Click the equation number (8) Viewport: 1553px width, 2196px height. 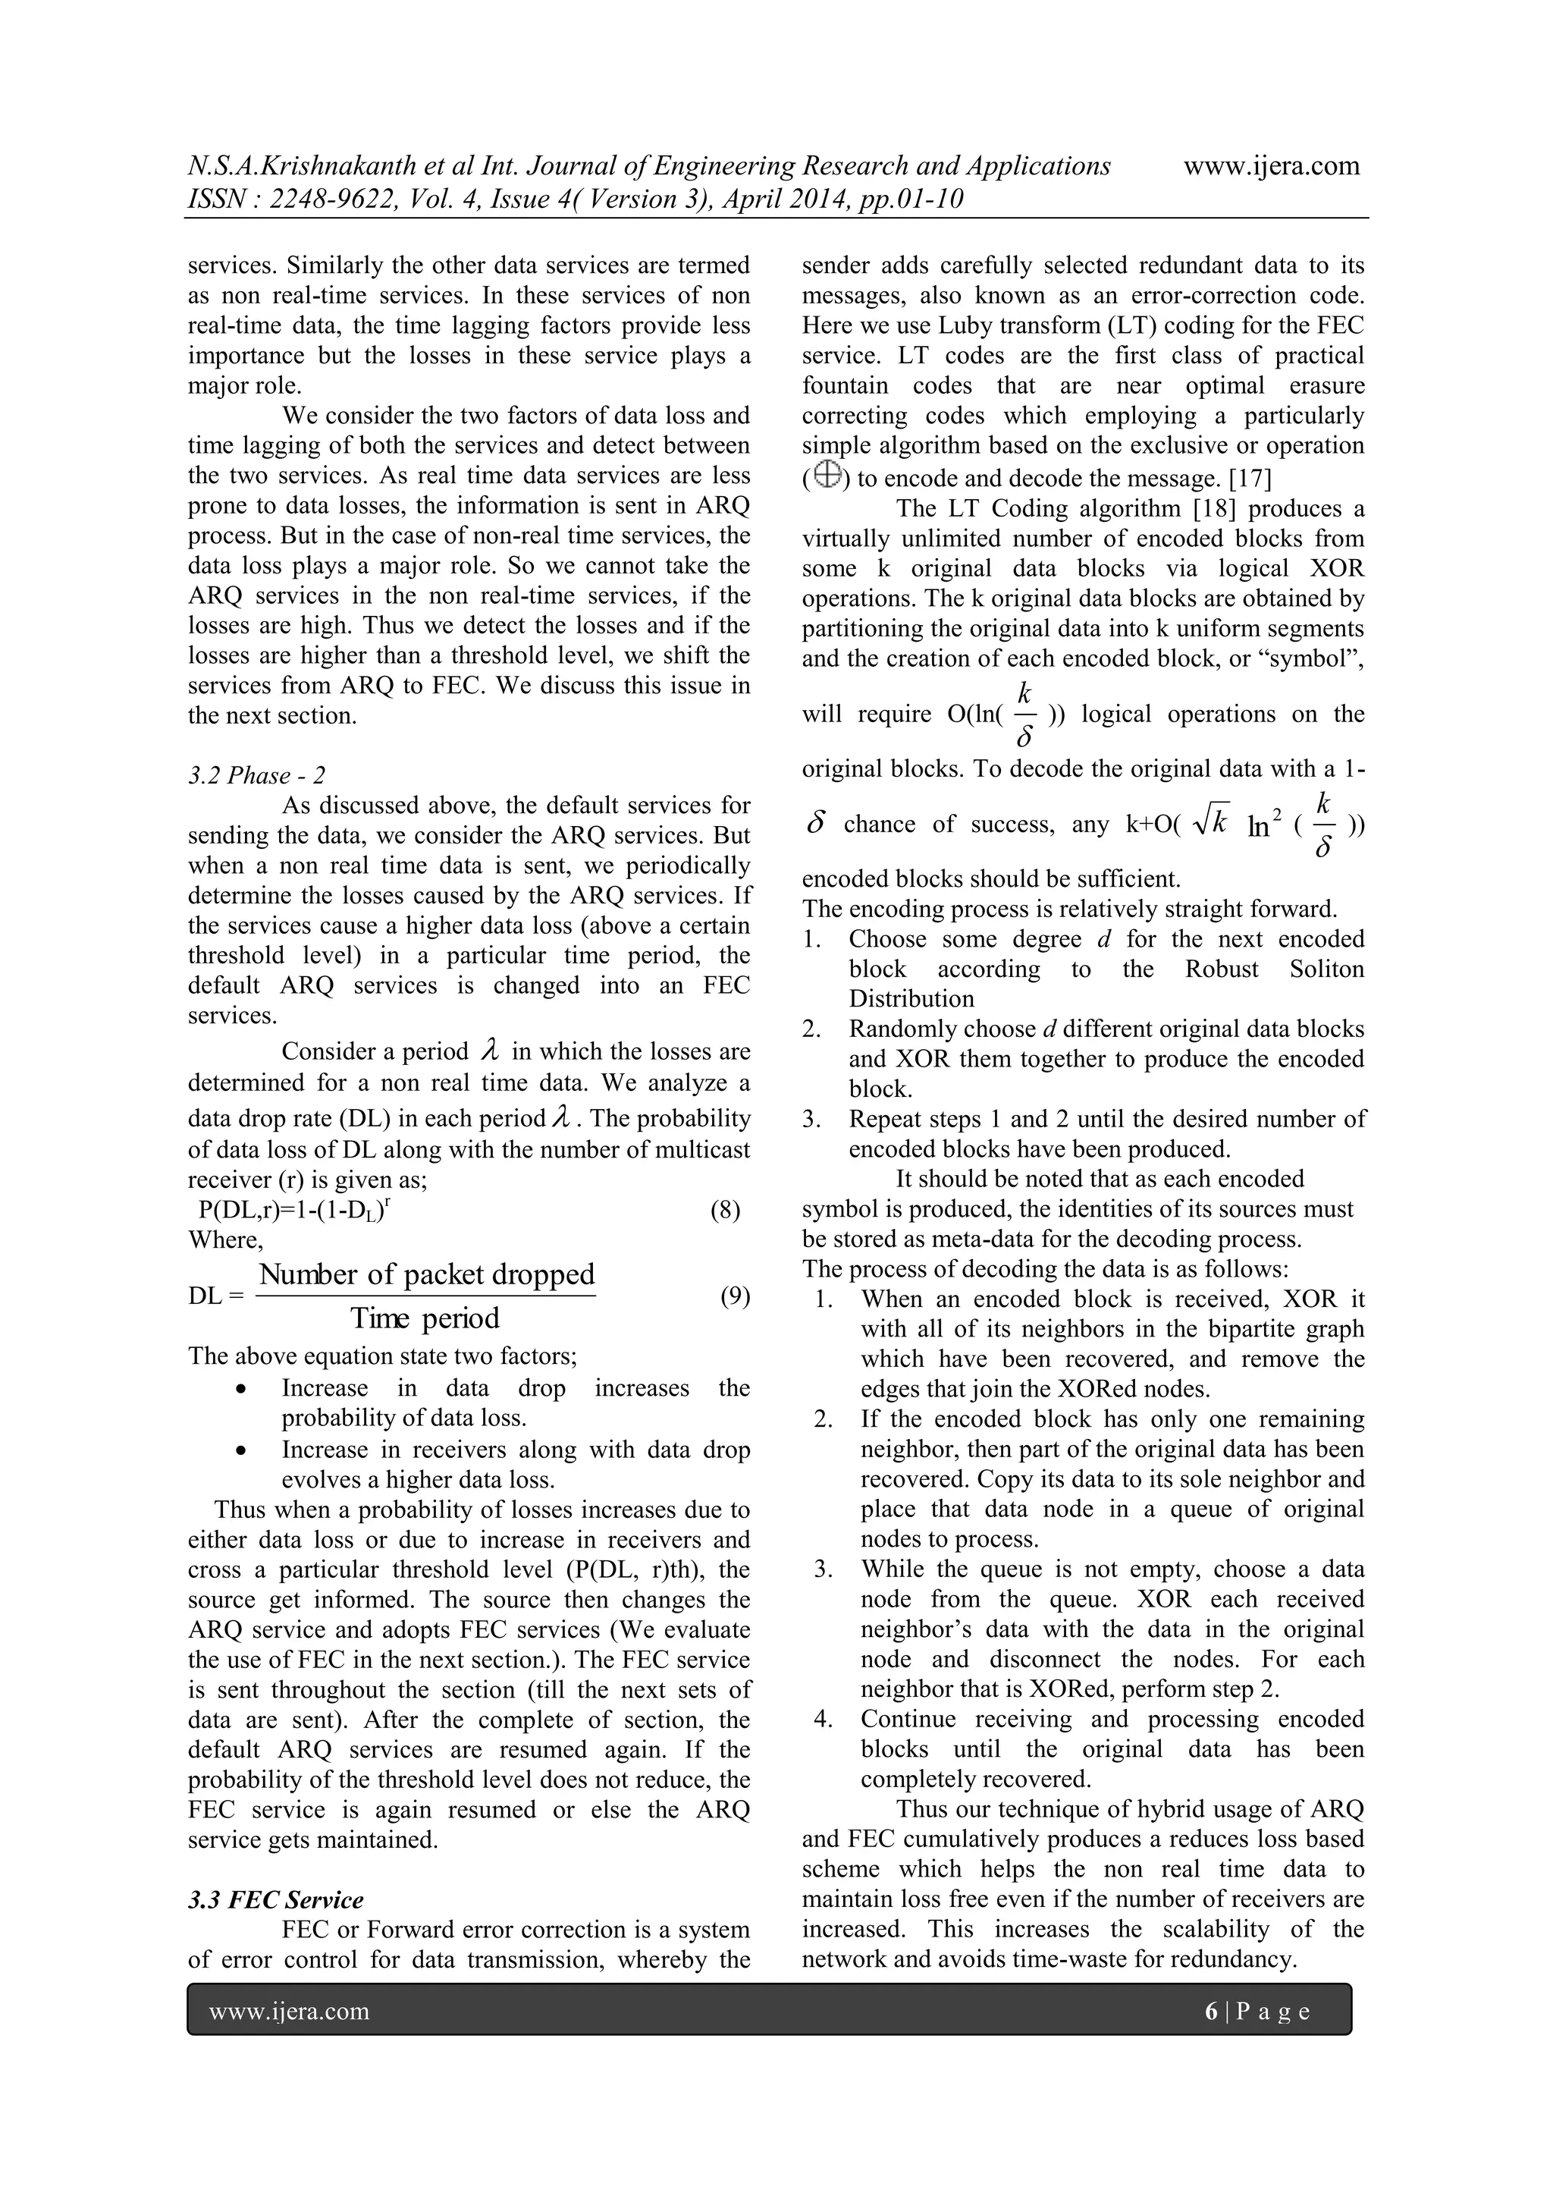pos(725,1210)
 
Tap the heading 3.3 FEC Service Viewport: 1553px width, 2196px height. pos(275,1899)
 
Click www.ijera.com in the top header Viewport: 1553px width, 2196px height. pos(1271,165)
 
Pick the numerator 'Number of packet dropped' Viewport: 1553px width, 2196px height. pos(426,1274)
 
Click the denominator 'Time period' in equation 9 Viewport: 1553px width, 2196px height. pos(425,1318)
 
